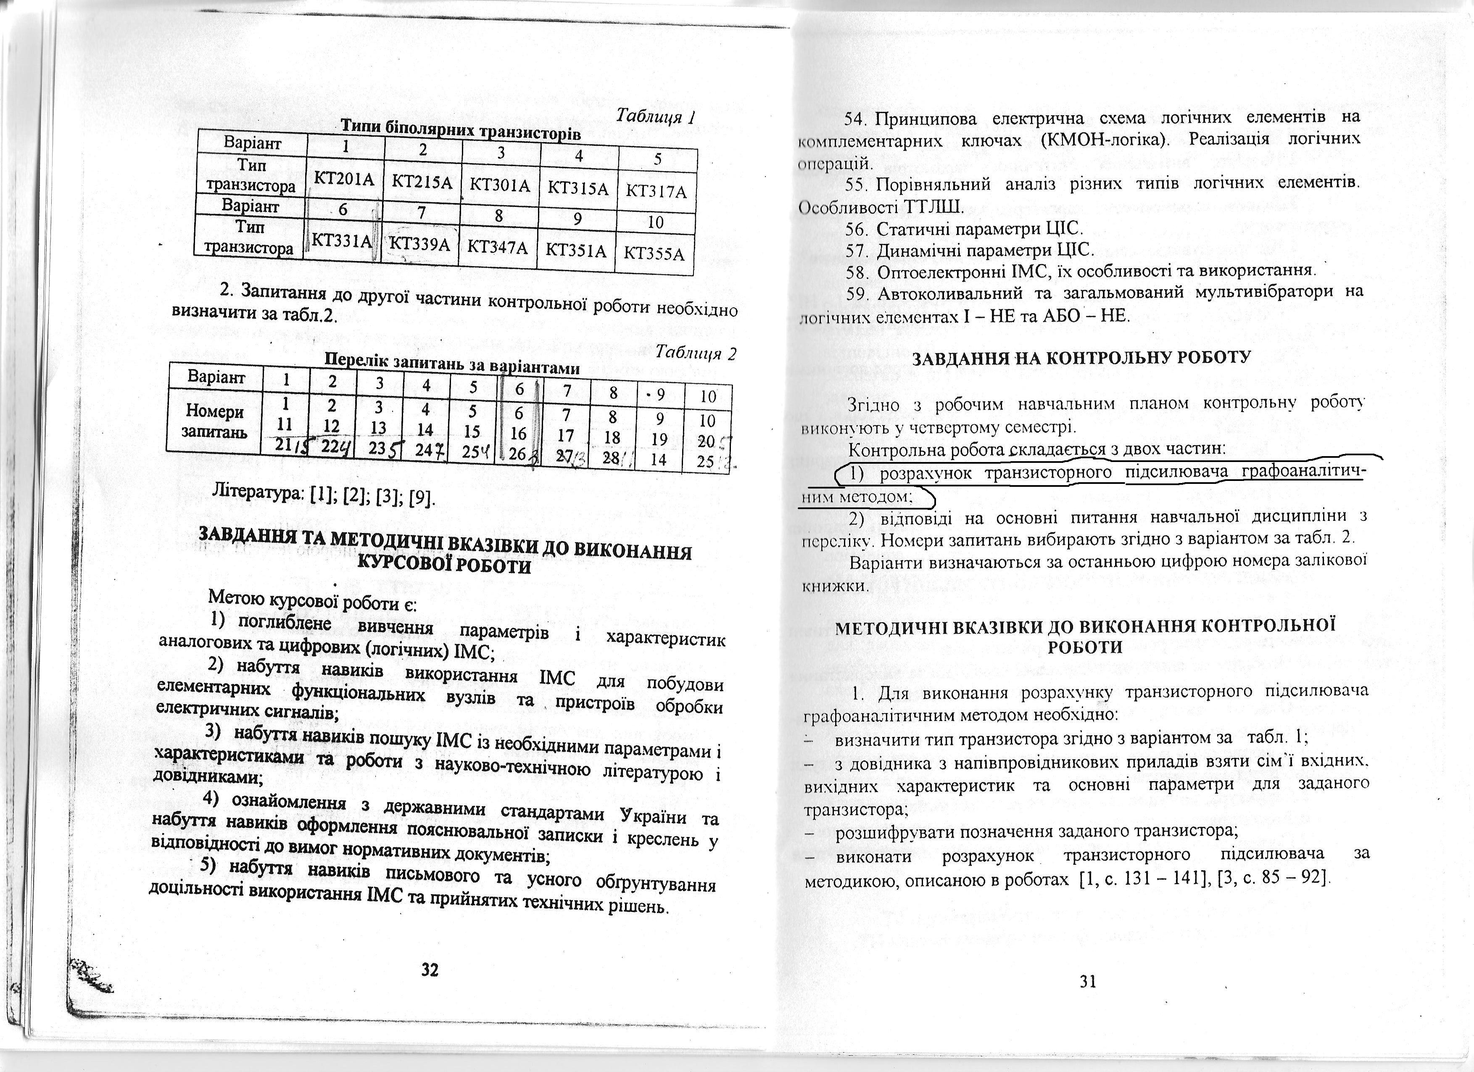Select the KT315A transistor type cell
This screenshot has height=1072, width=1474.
578,188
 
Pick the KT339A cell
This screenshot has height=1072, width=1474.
419,244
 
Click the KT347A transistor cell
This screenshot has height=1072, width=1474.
497,247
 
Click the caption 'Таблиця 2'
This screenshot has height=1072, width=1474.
696,353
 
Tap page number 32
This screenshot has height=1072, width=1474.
430,970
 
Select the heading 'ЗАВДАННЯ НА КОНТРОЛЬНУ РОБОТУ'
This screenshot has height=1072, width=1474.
1081,358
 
